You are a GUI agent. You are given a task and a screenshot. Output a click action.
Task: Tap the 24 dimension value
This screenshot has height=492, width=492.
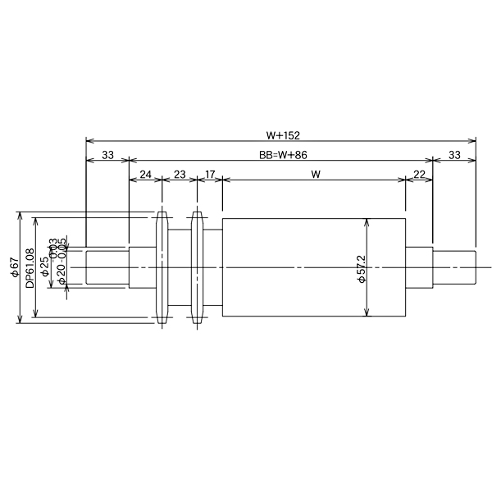pos(145,175)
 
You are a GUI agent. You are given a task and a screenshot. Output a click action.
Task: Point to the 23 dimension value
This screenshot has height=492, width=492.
pos(180,175)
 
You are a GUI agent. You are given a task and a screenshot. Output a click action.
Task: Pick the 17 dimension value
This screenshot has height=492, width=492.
pos(210,175)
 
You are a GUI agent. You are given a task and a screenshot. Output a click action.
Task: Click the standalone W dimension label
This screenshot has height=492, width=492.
pos(315,175)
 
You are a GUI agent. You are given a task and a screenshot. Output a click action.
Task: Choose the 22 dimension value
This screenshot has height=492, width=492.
pos(419,175)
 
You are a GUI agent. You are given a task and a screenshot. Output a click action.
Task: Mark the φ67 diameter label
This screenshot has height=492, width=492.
pos(15,267)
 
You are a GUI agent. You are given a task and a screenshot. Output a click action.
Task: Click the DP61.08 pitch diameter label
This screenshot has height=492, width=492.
pos(30,267)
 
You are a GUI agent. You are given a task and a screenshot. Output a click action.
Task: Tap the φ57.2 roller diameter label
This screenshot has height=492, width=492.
pos(362,268)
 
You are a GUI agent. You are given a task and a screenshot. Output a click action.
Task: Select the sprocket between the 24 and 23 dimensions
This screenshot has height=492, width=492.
pos(162,267)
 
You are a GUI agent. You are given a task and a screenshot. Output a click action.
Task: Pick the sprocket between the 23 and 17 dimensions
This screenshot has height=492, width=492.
pos(197,267)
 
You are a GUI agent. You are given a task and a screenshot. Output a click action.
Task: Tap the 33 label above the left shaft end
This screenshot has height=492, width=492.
pos(107,154)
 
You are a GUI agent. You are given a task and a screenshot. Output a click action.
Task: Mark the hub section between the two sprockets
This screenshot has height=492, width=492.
pos(180,267)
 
